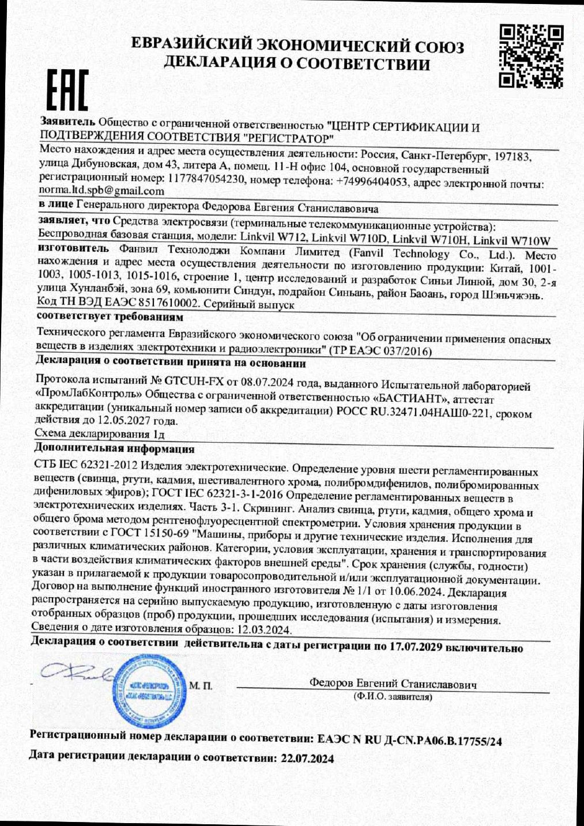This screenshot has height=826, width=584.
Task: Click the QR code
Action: (530, 56)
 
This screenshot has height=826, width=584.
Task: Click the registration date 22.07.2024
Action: (307, 759)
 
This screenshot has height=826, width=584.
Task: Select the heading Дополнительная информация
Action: (114, 448)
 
